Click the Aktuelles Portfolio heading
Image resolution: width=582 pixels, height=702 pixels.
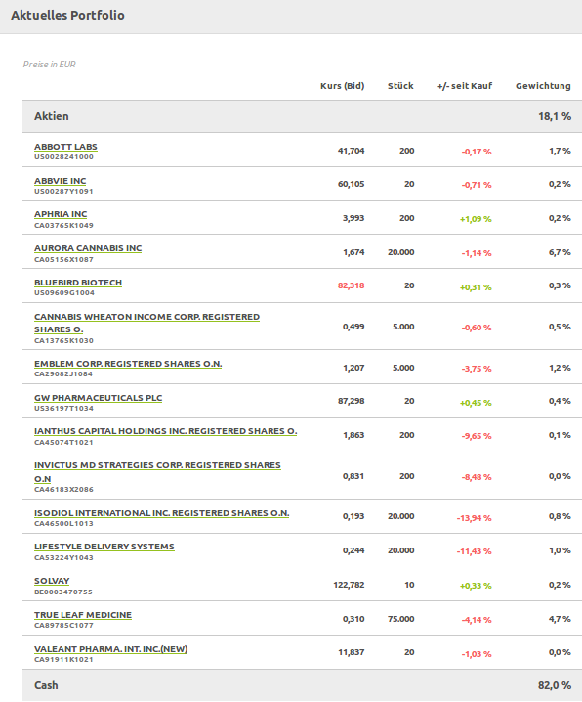[x=67, y=16]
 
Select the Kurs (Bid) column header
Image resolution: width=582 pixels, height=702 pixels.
[x=342, y=86]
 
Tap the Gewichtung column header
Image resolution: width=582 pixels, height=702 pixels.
[x=543, y=86]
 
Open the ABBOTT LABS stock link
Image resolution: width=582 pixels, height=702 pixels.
[x=65, y=147]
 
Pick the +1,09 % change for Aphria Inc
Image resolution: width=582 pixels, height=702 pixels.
[x=476, y=218]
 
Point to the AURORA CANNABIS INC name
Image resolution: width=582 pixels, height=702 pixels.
[x=88, y=248]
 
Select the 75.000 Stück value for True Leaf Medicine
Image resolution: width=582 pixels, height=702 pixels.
[x=400, y=618]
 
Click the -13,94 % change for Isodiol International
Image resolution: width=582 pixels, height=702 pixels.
[x=474, y=516]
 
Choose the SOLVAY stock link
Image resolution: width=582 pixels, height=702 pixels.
[x=52, y=581]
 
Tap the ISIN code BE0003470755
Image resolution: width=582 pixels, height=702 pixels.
[x=63, y=592]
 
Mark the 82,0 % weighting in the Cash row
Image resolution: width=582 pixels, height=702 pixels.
[x=555, y=685]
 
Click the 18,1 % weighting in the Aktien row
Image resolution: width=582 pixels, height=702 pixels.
[x=555, y=116]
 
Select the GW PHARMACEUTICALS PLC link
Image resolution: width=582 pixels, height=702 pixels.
[x=98, y=398]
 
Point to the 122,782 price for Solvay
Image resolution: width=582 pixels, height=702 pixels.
[x=349, y=585]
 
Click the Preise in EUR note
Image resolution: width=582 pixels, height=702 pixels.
[x=50, y=65]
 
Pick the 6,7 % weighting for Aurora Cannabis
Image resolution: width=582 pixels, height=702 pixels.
[x=560, y=252]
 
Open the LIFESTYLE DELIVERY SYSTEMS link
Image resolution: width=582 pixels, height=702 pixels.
[x=104, y=547]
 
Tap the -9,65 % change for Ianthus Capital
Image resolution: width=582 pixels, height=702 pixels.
[x=477, y=436]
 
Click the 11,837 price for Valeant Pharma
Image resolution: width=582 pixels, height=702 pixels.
[x=352, y=651]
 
